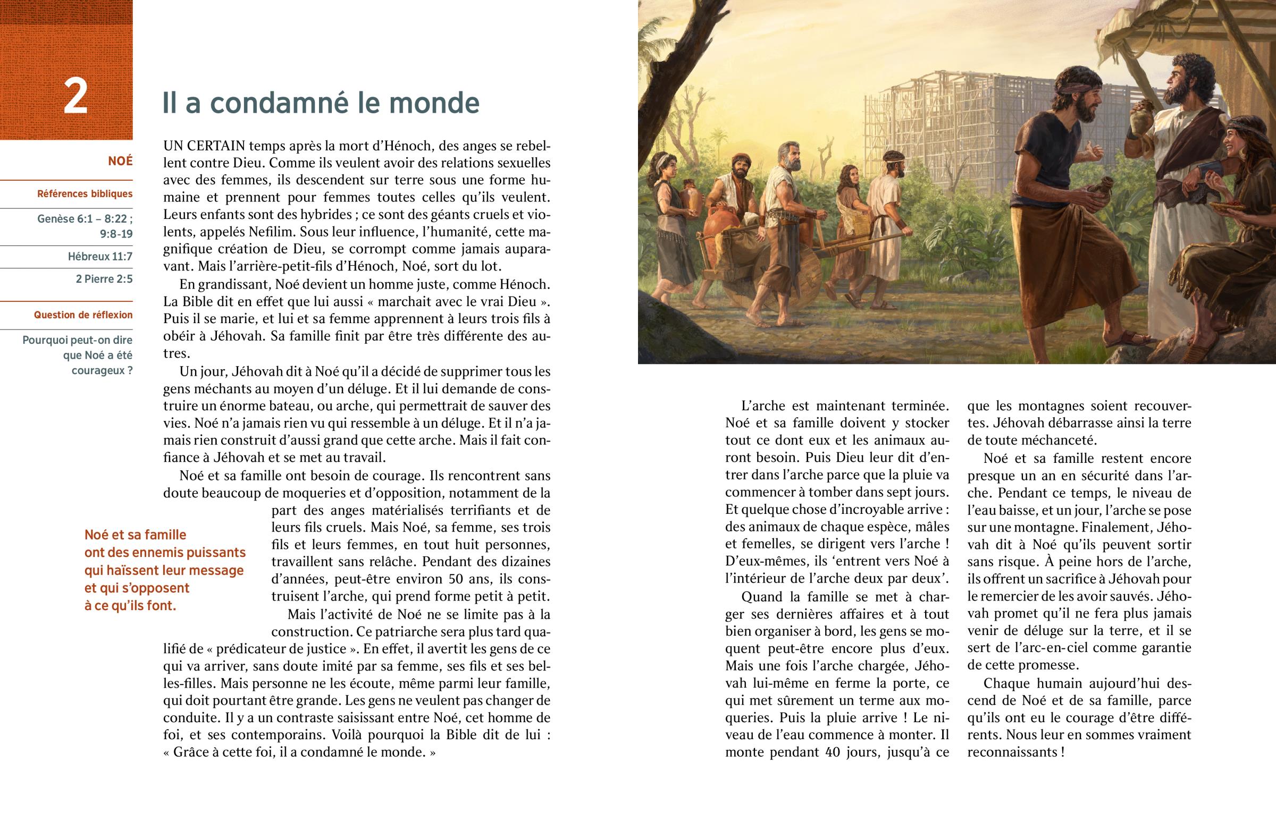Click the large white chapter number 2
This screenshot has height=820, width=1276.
pyautogui.click(x=75, y=96)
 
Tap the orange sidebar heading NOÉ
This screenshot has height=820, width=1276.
pyautogui.click(x=120, y=161)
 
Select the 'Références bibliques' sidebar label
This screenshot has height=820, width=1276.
pyautogui.click(x=85, y=194)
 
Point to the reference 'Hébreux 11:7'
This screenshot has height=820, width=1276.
pyautogui.click(x=100, y=257)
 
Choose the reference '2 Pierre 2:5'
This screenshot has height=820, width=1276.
pyautogui.click(x=104, y=279)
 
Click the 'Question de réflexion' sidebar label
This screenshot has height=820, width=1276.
pyautogui.click(x=83, y=315)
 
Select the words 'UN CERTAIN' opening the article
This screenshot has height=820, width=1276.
pyautogui.click(x=204, y=146)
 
